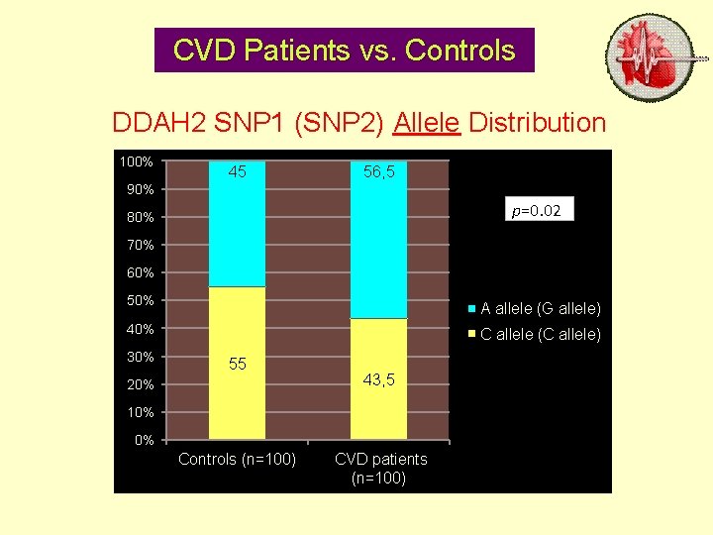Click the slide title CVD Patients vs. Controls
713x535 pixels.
coord(344,51)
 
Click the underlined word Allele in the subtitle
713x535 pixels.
coord(427,123)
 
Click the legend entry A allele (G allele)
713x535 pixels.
coord(540,308)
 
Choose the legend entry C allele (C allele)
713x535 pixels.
coord(540,335)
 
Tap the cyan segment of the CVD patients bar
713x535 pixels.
coord(378,248)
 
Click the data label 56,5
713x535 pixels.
coord(378,172)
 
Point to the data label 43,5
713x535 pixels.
coord(378,379)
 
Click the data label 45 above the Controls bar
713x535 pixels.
coord(237,172)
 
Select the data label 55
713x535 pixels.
coord(237,365)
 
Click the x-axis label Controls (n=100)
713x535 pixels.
coord(237,459)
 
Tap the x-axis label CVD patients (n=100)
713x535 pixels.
coord(380,469)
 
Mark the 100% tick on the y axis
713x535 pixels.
coord(136,161)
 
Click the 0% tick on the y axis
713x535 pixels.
coord(144,440)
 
